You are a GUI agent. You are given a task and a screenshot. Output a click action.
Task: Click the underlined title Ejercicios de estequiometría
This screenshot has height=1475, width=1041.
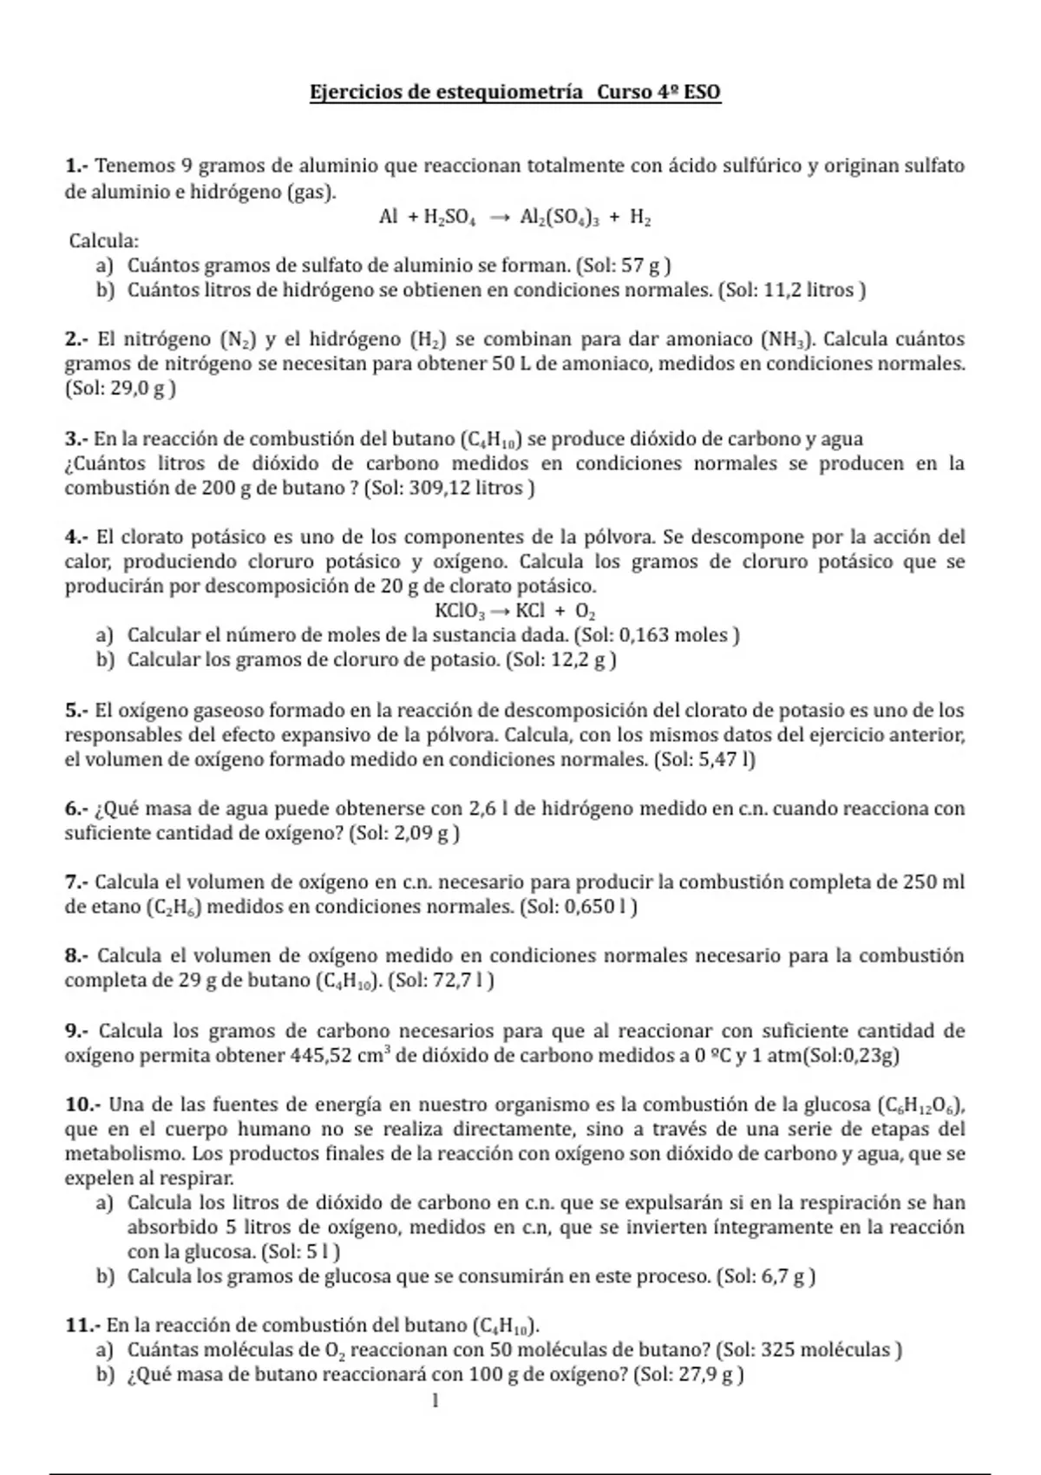coord(447,92)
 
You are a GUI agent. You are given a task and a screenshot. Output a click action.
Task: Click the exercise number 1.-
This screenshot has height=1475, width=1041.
coord(76,166)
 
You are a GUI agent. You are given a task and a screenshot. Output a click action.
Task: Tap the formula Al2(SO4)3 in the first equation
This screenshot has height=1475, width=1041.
coord(559,218)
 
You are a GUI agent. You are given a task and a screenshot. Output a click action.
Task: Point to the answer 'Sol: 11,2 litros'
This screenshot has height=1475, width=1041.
coord(791,290)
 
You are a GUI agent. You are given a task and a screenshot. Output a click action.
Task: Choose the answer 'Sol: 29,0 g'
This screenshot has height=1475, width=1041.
coord(120,389)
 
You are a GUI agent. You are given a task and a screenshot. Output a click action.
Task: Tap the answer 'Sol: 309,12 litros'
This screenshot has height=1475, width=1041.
coord(448,488)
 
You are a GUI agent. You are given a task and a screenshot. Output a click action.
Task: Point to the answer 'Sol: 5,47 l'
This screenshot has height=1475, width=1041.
coord(704,760)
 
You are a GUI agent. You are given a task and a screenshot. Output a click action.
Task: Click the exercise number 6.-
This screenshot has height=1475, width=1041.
coord(76,809)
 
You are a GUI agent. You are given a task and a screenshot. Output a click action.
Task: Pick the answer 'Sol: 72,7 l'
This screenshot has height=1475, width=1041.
coord(442,981)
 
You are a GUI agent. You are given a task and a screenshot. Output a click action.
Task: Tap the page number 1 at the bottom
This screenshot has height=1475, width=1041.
coord(435,1400)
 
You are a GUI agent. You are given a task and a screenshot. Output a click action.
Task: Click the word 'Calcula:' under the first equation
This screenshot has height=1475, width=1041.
coord(104,241)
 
